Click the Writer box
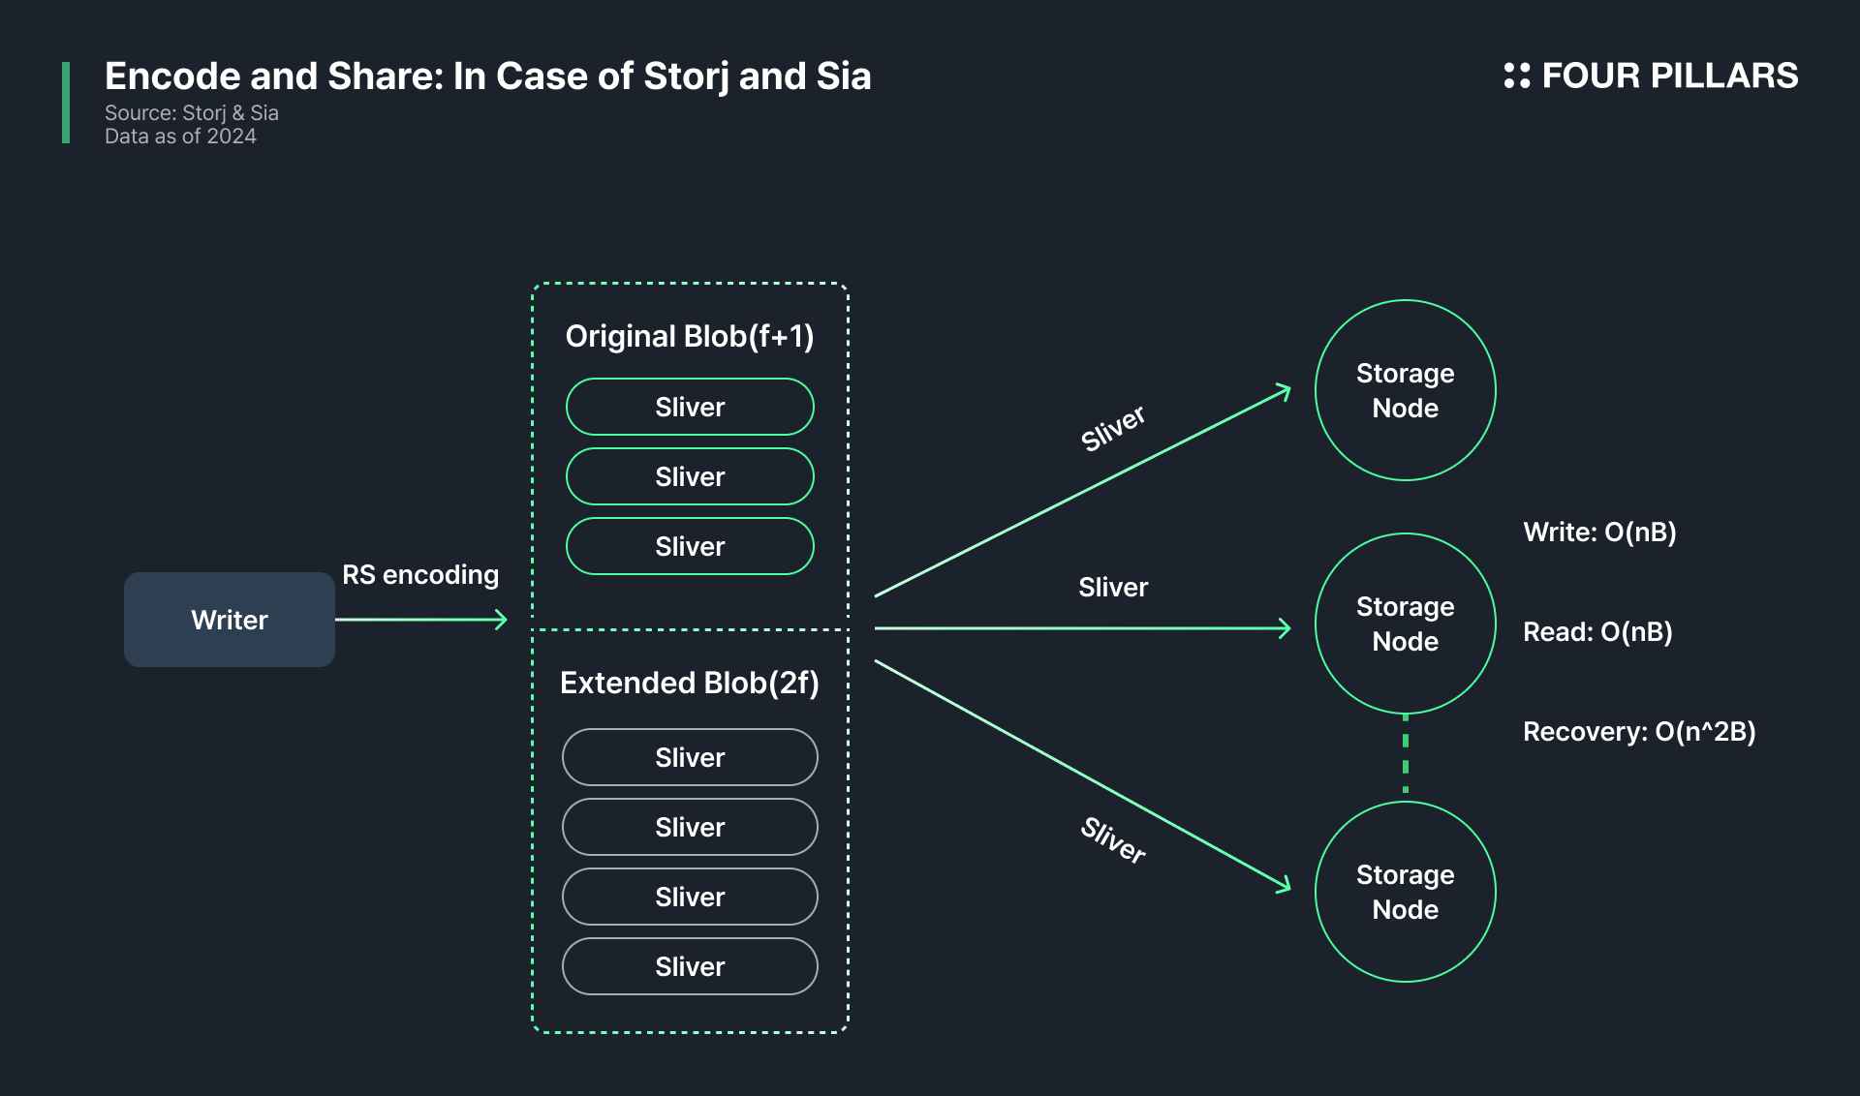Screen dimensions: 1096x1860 pos(230,620)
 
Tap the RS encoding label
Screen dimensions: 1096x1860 pos(420,575)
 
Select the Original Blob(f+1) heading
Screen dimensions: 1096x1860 pos(690,337)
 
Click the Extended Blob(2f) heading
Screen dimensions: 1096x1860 pos(690,684)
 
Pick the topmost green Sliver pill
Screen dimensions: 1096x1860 pos(690,408)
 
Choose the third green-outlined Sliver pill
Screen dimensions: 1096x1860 pos(690,547)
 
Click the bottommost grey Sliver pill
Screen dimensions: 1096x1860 pos(690,967)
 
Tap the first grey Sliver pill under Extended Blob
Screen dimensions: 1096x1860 pos(690,758)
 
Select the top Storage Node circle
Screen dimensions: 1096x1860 pos(1405,390)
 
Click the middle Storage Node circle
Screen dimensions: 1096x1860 pos(1405,624)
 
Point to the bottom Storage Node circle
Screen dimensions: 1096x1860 pos(1405,892)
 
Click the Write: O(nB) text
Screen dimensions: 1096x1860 pos(1599,533)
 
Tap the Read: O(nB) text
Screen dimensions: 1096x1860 pos(1597,632)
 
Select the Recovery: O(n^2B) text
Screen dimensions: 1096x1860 pos(1639,732)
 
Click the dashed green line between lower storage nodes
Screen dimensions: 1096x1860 pos(1406,757)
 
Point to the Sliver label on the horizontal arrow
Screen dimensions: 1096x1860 pos(1113,588)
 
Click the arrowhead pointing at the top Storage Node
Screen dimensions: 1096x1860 pos(1285,391)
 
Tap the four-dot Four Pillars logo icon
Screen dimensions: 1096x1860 pos(1516,76)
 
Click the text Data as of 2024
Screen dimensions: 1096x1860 pos(180,137)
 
